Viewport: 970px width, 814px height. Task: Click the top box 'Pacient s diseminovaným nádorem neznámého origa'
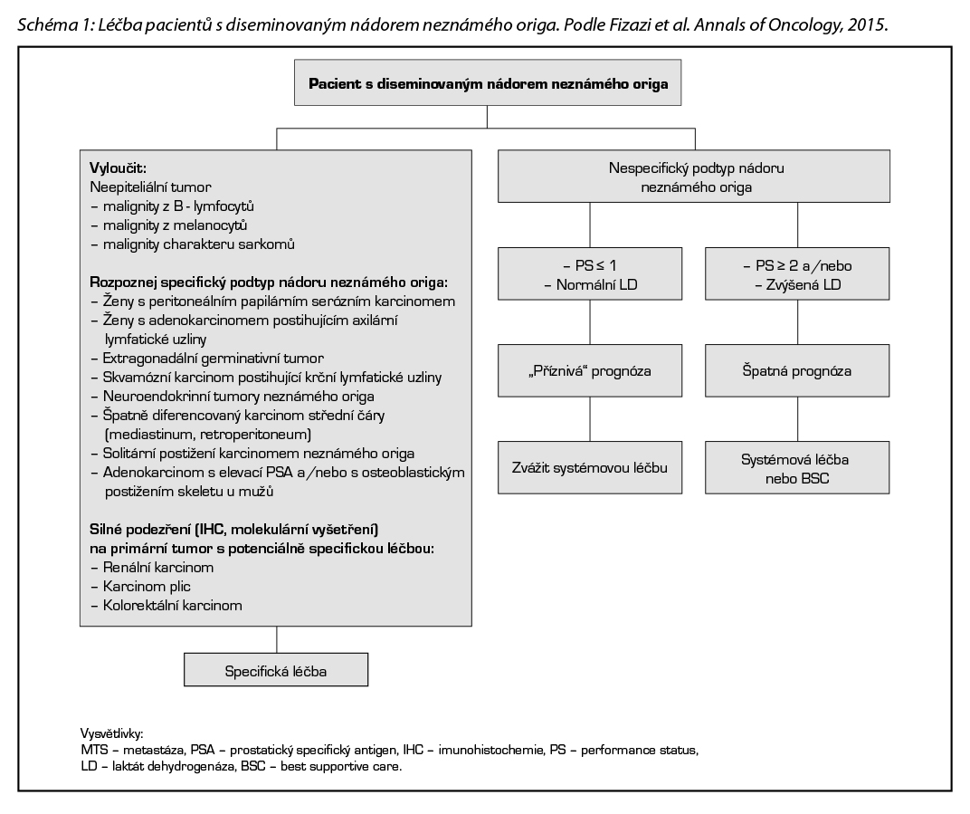[x=488, y=84]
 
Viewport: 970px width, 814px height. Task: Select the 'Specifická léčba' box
[x=276, y=671]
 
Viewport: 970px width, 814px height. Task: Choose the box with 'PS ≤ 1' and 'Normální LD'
[x=590, y=275]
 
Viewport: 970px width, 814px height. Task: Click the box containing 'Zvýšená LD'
[x=797, y=275]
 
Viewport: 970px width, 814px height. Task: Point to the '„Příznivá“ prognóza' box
[x=590, y=371]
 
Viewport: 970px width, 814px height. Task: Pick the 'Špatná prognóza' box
[x=797, y=371]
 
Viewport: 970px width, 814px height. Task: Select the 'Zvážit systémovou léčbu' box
[x=590, y=467]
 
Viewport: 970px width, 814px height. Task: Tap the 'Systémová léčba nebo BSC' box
[x=797, y=467]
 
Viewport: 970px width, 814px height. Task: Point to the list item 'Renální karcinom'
[x=153, y=568]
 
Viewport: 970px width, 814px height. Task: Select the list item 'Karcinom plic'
[x=142, y=587]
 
